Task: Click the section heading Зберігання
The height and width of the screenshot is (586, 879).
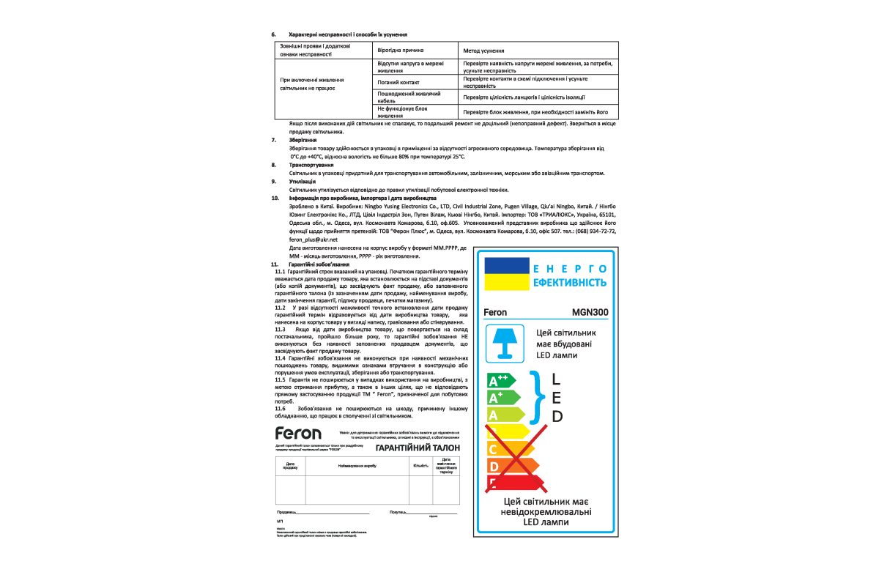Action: (x=303, y=139)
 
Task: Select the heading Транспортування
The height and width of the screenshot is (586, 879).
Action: (x=311, y=166)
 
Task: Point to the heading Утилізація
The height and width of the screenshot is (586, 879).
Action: (x=303, y=181)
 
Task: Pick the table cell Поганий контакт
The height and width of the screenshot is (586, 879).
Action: (x=398, y=83)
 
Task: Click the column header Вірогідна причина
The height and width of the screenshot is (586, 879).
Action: (x=400, y=51)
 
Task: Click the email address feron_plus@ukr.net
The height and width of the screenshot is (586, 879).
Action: (x=313, y=240)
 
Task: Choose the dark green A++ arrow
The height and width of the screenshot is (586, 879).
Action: (x=502, y=381)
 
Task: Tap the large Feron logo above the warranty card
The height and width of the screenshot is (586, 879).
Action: (x=298, y=433)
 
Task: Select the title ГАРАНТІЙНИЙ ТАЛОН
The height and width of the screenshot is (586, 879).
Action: (x=418, y=448)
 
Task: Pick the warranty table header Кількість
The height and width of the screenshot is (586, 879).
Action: (x=420, y=465)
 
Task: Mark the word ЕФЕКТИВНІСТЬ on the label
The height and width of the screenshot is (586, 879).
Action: (x=570, y=283)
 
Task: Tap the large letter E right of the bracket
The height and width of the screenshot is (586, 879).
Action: (x=557, y=398)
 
